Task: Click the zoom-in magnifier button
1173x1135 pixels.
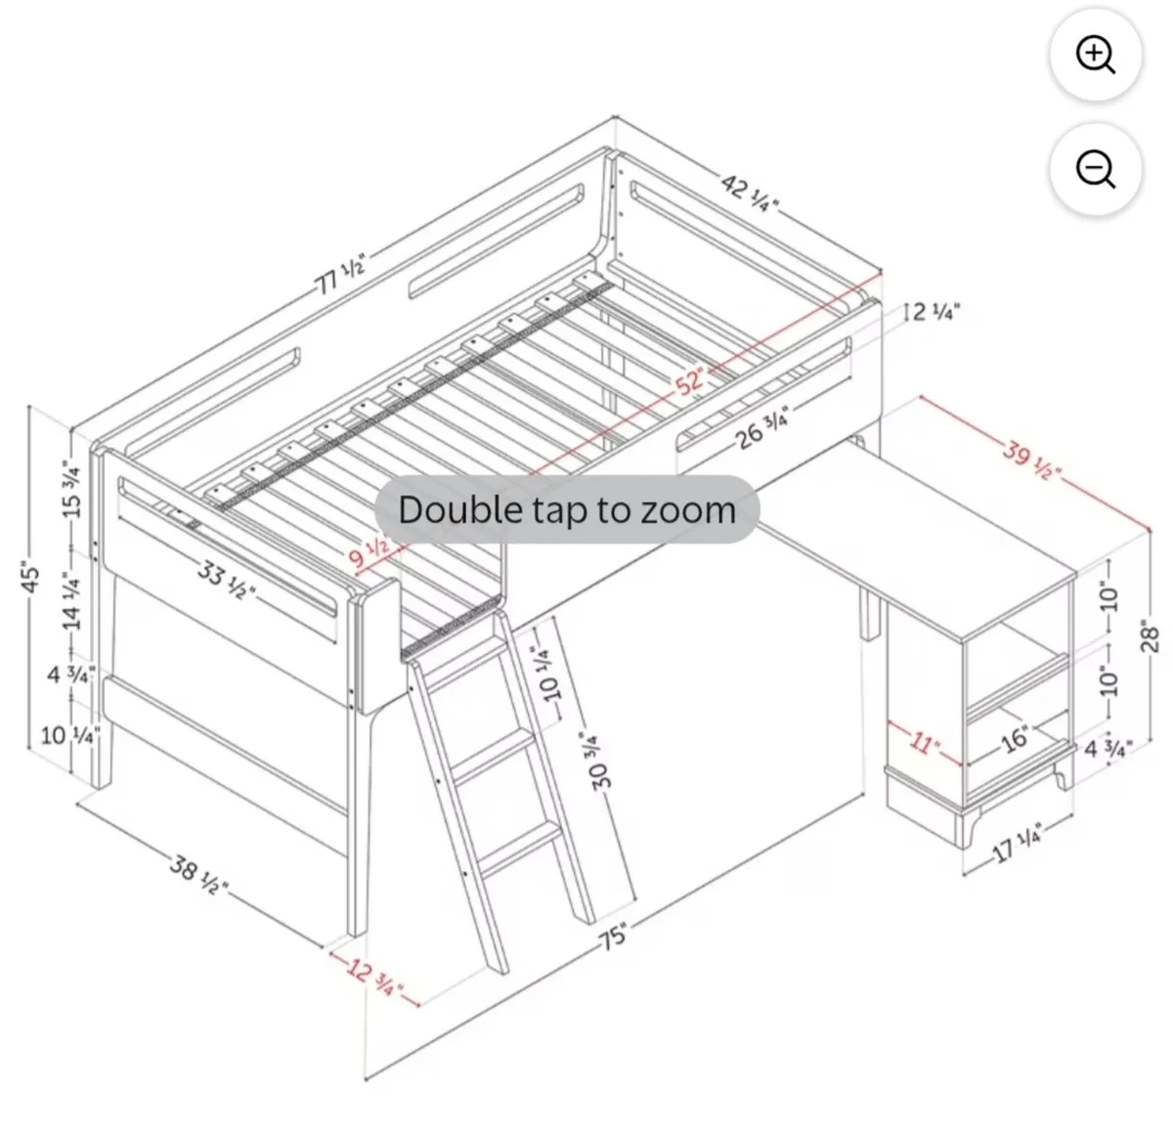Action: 1095,55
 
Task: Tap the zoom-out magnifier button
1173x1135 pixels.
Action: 1095,169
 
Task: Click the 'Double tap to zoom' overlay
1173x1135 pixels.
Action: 567,509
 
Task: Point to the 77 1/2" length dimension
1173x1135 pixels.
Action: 340,275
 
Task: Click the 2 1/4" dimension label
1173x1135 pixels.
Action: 936,312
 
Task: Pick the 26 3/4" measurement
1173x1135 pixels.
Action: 761,427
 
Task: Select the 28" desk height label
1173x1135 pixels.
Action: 1150,639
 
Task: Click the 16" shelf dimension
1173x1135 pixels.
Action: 1016,738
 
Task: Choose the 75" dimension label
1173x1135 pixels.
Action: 614,937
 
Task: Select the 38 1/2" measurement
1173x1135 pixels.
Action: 198,873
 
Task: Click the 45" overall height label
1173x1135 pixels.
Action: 30,578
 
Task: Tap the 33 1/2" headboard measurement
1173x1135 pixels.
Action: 227,580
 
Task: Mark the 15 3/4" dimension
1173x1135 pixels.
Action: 71,489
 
